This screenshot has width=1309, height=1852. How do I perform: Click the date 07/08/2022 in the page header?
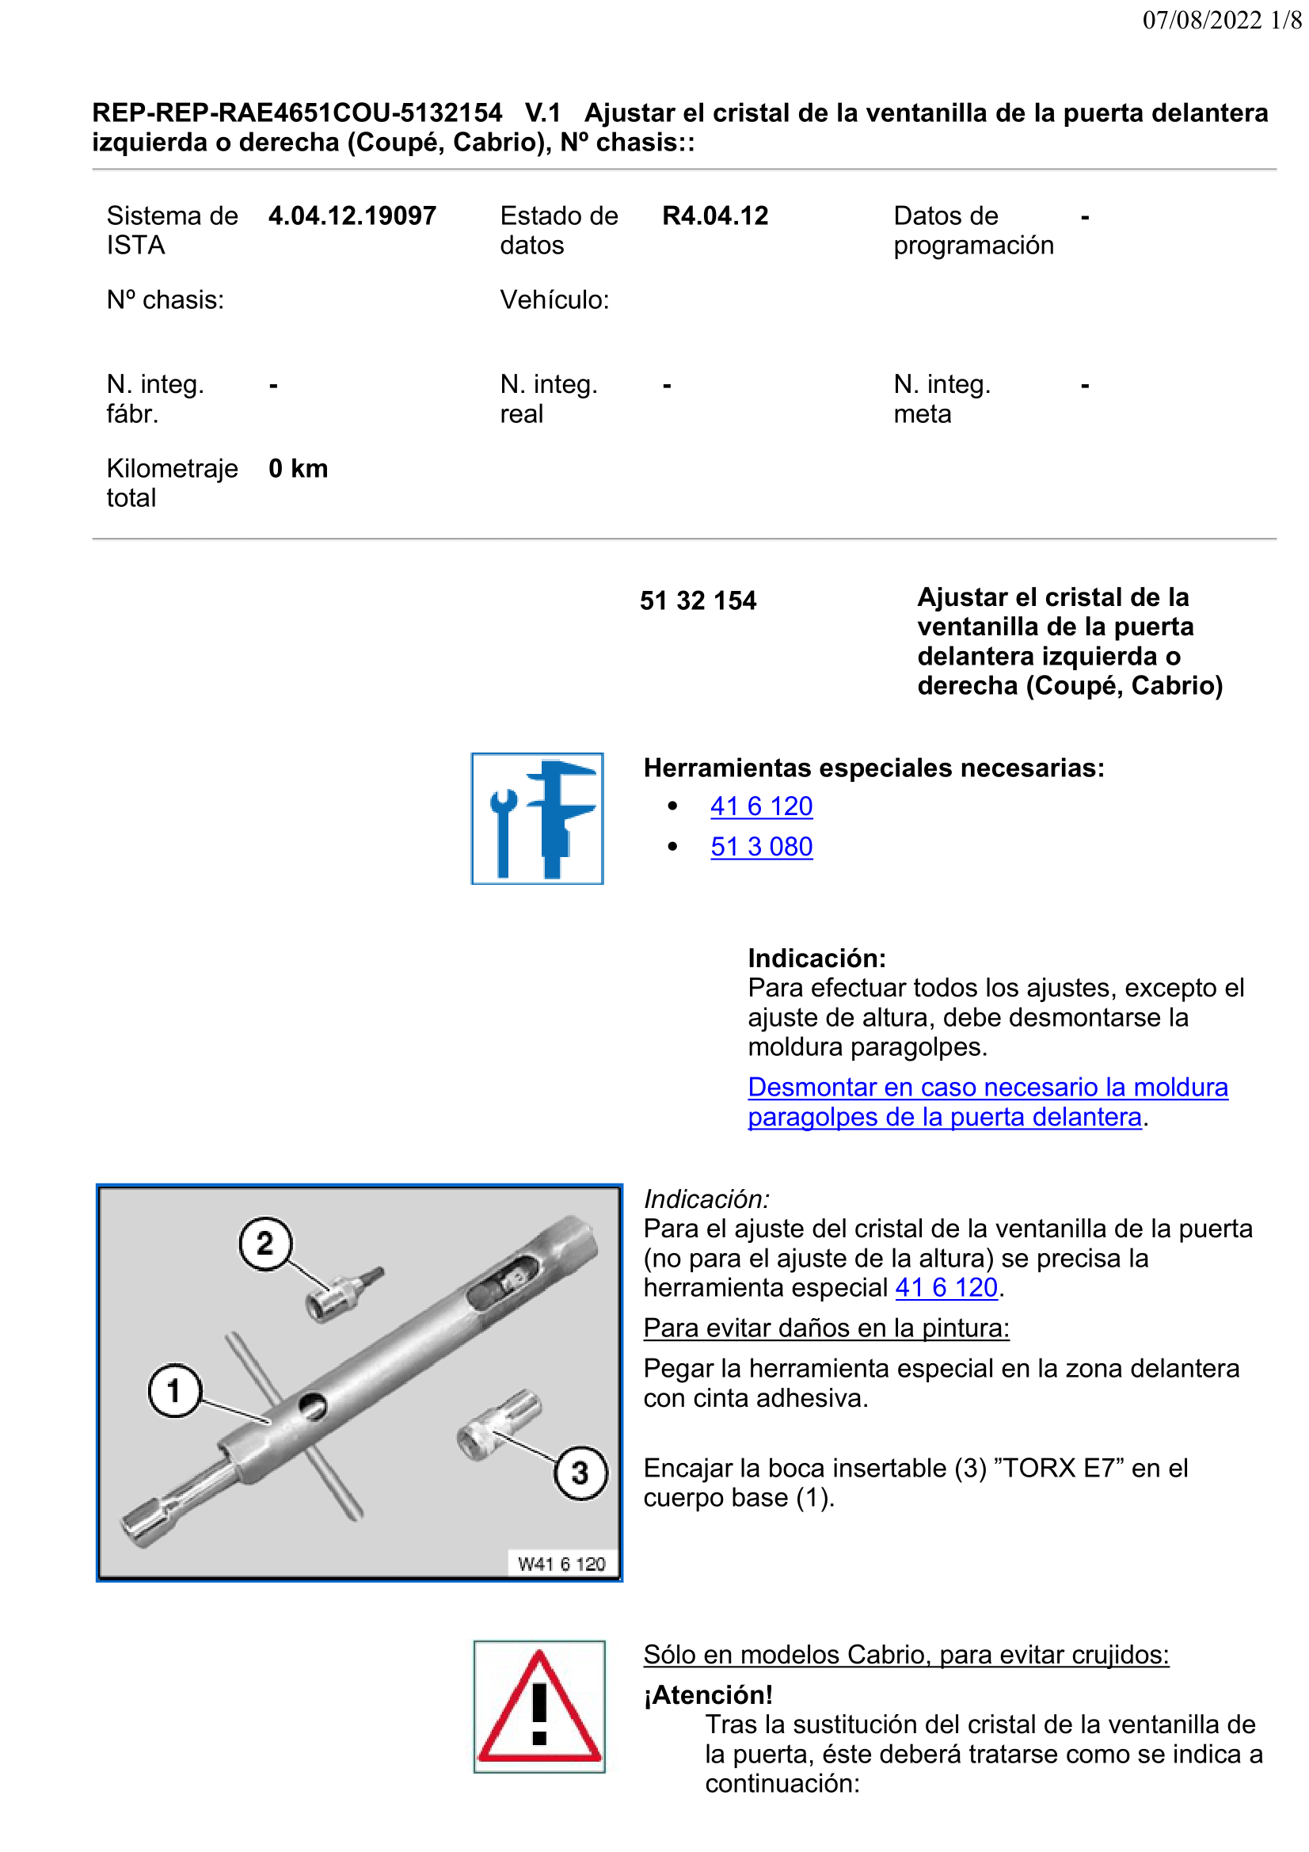(x=1202, y=20)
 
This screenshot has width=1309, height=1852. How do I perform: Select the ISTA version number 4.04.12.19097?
(x=352, y=216)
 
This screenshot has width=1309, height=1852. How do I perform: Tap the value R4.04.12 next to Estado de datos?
(x=715, y=216)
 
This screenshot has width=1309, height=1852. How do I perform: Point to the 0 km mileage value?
(x=299, y=469)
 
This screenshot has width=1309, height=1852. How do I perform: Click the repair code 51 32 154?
(x=698, y=601)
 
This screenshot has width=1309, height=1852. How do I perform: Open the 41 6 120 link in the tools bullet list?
(x=761, y=806)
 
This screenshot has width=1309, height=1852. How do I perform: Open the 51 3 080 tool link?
(x=761, y=846)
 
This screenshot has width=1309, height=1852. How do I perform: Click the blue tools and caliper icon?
(x=537, y=818)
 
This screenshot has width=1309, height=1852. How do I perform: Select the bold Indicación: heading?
(x=817, y=958)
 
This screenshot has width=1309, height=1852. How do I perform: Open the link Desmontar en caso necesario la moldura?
(x=988, y=1088)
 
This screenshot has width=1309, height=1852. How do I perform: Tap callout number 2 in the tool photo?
(x=265, y=1244)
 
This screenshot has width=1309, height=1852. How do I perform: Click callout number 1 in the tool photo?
(x=174, y=1391)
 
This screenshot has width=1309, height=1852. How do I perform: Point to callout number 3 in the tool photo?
(x=580, y=1473)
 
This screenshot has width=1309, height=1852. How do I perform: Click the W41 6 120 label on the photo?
(x=562, y=1564)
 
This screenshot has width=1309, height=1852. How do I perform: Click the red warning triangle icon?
(x=539, y=1707)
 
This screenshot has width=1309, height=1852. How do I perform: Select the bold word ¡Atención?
(x=708, y=1695)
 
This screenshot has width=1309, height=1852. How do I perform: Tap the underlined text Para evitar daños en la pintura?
(x=827, y=1328)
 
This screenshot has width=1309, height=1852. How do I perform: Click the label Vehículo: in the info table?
(x=555, y=300)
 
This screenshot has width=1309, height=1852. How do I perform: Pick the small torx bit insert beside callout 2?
(x=345, y=1294)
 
